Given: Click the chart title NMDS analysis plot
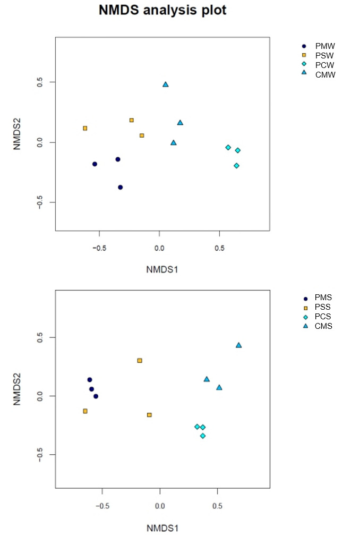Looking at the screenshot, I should [162, 10].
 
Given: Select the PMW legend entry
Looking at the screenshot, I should [324, 46].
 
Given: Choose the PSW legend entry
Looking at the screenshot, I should [324, 55].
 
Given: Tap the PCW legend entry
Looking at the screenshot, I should [324, 65].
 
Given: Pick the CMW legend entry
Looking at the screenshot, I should [324, 75].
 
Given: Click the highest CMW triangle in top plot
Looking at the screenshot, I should [166, 84].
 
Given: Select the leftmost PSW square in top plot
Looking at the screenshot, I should [85, 128].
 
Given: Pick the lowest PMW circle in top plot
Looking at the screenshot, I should [121, 187].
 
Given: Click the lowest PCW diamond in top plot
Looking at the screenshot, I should [236, 166].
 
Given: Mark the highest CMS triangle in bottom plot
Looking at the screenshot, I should [239, 345].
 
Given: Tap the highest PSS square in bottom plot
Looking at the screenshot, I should [140, 360].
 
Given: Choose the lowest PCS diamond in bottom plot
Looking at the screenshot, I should [203, 436].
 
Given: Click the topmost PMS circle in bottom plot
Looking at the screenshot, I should [90, 379].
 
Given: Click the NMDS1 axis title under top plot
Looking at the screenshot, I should [162, 269].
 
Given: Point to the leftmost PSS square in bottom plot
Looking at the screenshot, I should [85, 411].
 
